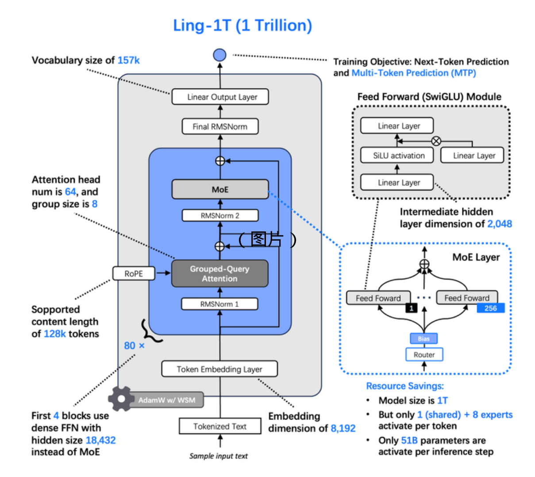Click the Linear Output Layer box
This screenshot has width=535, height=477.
pos(220,97)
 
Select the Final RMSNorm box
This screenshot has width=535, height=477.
pos(220,127)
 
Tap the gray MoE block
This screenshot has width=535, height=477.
pos(220,189)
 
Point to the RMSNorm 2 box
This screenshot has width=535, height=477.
pos(220,216)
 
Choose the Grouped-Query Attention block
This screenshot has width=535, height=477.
pos(220,274)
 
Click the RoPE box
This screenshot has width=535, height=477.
pos(134,274)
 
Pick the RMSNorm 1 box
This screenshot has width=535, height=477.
pos(219,304)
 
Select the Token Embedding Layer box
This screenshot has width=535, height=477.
pos(219,369)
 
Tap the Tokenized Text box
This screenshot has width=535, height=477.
pos(220,427)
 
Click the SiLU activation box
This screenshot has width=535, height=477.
pos(399,155)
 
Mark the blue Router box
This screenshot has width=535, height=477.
pos(424,355)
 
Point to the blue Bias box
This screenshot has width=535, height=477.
pos(424,339)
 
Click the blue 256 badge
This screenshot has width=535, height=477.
pos(490,308)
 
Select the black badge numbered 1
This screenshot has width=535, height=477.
pos(412,308)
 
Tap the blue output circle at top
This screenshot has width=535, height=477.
pos(220,55)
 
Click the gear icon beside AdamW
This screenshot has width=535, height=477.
pos(120,399)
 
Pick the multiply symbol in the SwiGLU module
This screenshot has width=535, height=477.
pos(436,141)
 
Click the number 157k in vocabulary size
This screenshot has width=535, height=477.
pos(129,61)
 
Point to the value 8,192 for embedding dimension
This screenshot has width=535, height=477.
pos(343,428)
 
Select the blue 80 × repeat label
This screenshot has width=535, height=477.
pos(134,346)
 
